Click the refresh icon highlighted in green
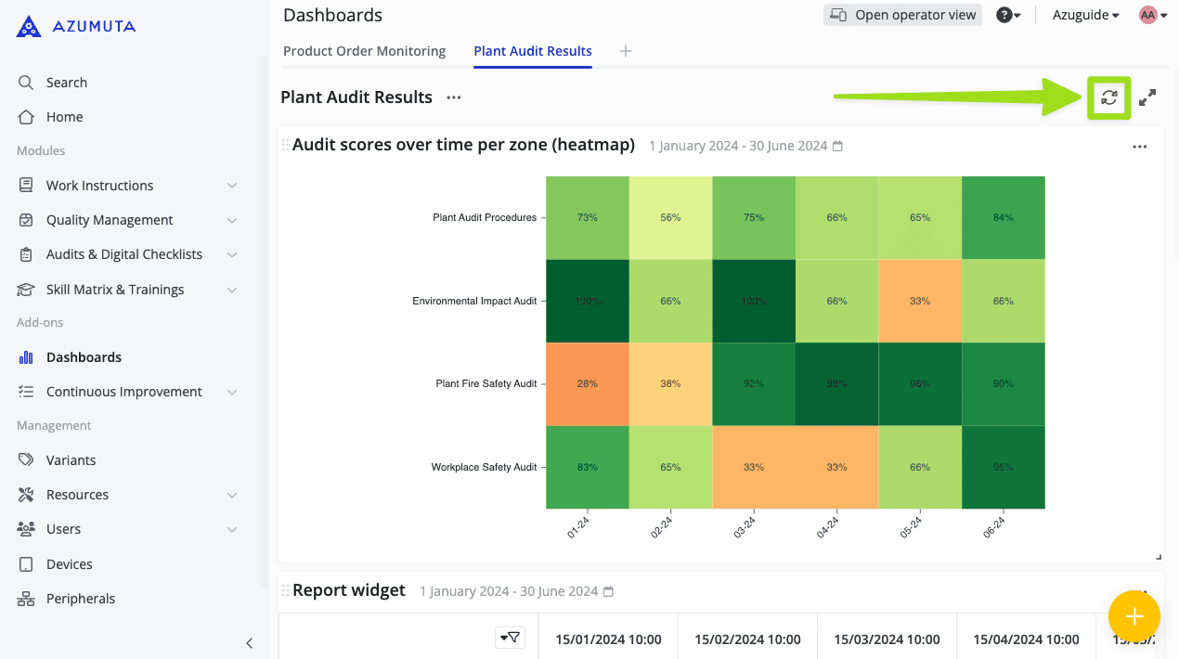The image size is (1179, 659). [1108, 97]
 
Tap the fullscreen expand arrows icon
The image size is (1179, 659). [1147, 97]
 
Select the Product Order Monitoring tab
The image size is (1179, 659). [364, 51]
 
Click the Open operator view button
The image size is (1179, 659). [902, 15]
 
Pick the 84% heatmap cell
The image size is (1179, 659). [1004, 217]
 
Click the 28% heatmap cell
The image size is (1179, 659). [587, 383]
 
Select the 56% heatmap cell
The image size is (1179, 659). [670, 217]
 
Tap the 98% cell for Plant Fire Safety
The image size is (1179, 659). [836, 383]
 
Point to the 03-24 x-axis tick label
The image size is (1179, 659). [745, 527]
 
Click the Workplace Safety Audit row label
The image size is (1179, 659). [484, 467]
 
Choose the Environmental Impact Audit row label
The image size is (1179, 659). [474, 301]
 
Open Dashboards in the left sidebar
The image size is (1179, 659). [84, 357]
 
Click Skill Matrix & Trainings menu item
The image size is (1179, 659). [115, 290]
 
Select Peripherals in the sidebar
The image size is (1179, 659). [81, 599]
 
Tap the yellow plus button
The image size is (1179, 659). [1134, 616]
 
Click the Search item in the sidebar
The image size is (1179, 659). [66, 83]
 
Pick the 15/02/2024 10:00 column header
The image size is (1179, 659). [747, 639]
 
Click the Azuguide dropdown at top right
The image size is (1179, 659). [1085, 15]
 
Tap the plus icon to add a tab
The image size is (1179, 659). [626, 51]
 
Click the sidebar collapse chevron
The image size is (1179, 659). [249, 642]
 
